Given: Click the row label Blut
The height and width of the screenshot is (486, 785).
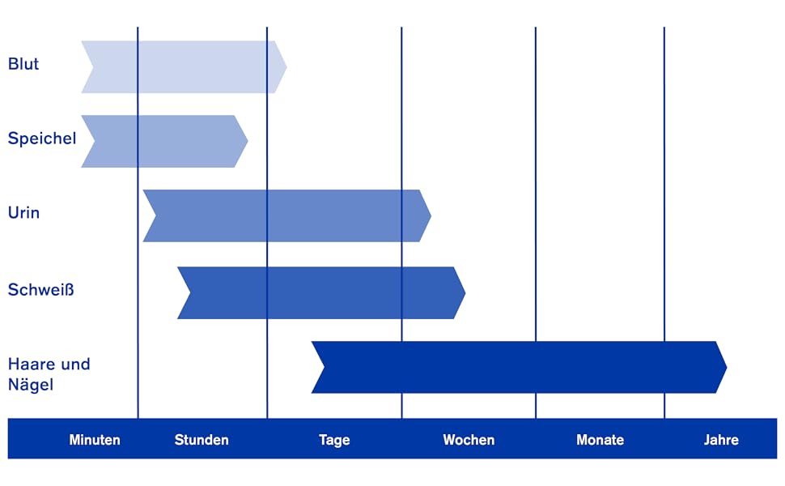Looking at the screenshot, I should [23, 64].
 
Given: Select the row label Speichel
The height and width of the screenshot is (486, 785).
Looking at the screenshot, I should [42, 139].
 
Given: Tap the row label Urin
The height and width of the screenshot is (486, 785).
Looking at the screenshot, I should [23, 213].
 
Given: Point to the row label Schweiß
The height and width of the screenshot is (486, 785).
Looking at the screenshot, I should [40, 289].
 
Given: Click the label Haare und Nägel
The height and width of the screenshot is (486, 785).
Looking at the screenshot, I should [49, 374].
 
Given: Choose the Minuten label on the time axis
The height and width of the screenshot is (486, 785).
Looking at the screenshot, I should [95, 440].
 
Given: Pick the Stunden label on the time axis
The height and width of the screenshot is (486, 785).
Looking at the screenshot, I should [202, 440].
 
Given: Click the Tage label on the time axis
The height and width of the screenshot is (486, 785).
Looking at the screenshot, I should [334, 440].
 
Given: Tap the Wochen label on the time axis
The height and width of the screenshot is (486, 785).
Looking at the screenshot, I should [469, 440].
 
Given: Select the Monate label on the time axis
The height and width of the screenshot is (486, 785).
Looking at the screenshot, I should [600, 440].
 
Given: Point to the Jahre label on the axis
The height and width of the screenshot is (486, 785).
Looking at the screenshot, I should [721, 440].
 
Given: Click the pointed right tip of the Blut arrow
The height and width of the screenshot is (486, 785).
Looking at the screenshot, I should [285, 66].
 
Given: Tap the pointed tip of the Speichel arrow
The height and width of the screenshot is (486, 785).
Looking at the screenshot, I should [246, 141].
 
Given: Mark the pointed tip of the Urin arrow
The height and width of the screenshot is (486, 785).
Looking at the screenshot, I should [430, 215].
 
